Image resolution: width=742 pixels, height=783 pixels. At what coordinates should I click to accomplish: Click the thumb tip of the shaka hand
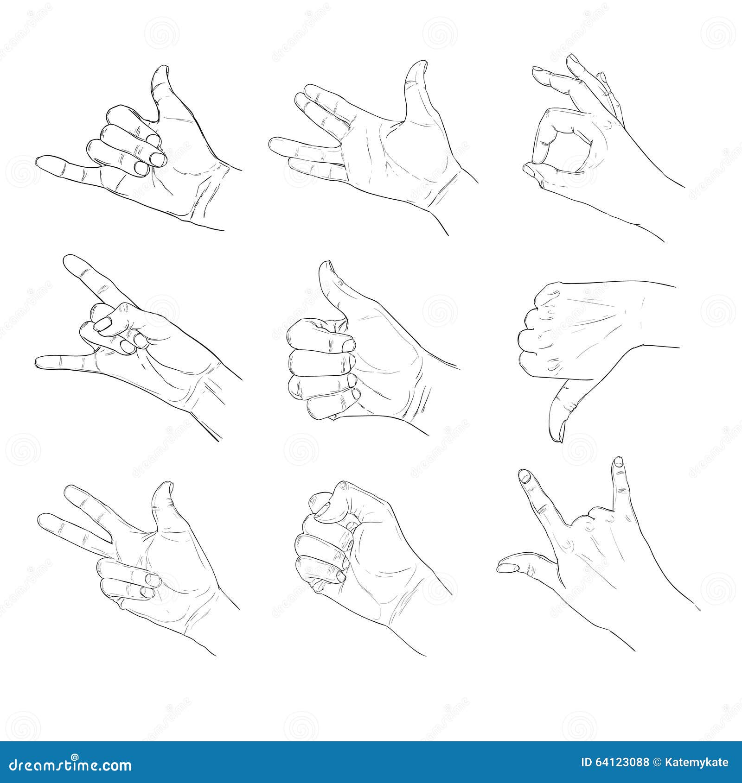pyautogui.click(x=160, y=74)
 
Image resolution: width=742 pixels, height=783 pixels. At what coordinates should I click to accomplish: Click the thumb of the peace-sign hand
pyautogui.click(x=162, y=496)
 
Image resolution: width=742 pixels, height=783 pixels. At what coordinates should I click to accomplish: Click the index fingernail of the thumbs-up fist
pyautogui.click(x=347, y=344)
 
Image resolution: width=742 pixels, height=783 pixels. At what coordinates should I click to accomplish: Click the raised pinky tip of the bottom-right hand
pyautogui.click(x=618, y=463)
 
